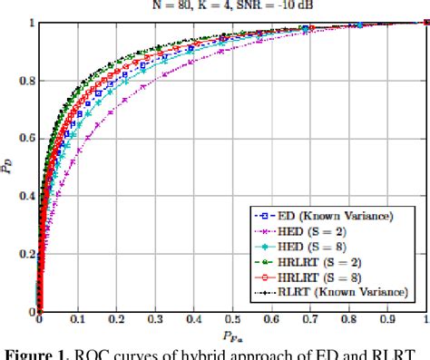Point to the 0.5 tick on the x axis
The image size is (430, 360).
[231, 320]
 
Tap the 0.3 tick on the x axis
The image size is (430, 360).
[154, 320]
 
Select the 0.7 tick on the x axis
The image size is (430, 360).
[309, 320]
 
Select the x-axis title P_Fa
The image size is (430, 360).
[232, 335]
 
